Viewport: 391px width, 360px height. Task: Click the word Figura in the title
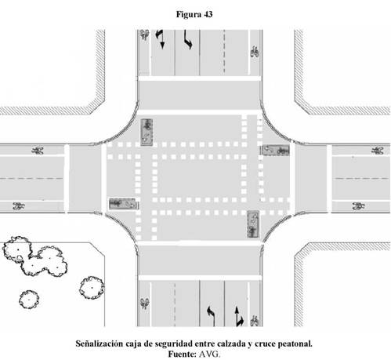pos(188,15)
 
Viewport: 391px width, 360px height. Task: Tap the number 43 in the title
pos(208,14)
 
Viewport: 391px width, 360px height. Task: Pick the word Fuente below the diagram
pos(182,354)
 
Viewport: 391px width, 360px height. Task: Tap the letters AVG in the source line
pos(209,354)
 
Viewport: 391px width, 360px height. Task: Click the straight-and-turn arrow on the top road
pos(160,39)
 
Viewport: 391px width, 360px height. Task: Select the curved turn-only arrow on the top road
pos(188,39)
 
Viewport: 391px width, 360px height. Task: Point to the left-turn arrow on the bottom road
pos(212,316)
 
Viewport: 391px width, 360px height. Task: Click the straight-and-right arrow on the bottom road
pos(239,316)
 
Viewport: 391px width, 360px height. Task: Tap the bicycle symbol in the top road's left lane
pos(144,35)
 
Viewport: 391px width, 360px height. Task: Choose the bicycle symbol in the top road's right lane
pos(255,52)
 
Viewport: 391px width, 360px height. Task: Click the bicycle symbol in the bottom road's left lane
pos(144,304)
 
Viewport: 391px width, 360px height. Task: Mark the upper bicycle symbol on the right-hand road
pos(378,151)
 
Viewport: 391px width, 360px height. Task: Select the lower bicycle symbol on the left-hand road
pos(19,206)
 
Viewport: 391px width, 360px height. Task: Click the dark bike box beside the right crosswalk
pos(275,151)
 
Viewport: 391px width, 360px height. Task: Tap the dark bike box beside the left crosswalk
pos(123,204)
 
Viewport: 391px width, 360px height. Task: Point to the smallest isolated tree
pos(29,300)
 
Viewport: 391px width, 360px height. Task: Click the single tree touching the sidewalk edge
pos(92,288)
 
